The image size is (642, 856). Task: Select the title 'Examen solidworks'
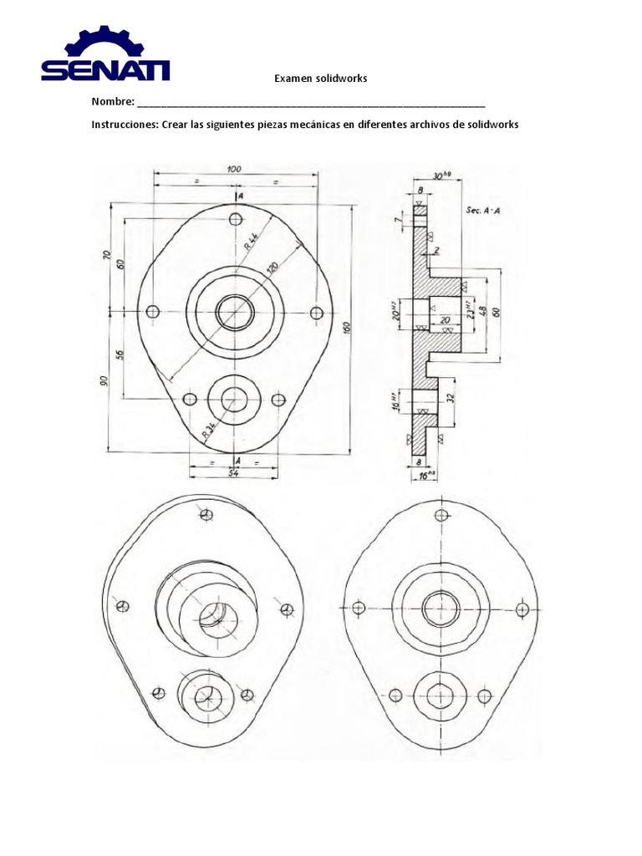321,79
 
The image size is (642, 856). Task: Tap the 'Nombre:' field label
113,102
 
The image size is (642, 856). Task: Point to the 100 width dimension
234,169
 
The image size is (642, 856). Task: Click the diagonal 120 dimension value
273,269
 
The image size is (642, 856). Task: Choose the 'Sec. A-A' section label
482,211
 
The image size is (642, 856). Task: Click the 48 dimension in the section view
483,312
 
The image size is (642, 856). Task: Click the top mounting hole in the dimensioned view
234,219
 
